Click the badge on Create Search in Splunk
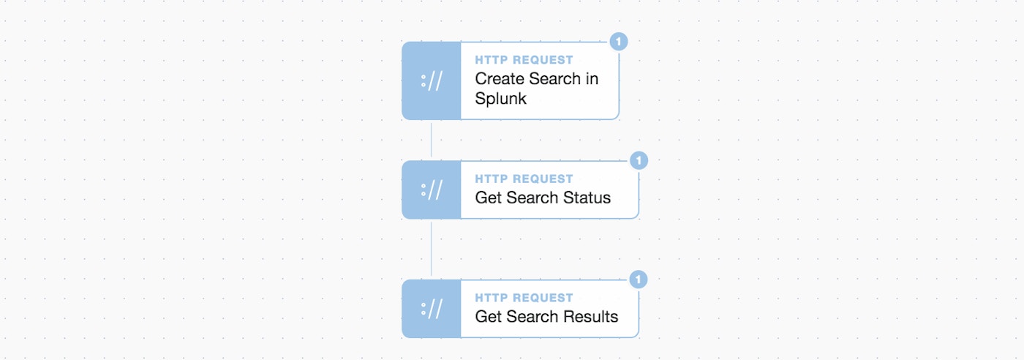pos(619,42)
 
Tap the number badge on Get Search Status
pos(639,160)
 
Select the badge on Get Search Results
pos(638,280)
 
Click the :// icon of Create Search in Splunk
pos(432,81)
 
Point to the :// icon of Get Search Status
pos(432,190)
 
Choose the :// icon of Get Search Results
pos(432,309)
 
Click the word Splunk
pos(500,99)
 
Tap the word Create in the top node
pos(499,79)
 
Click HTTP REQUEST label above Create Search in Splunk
pos(524,60)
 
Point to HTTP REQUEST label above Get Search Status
pos(524,179)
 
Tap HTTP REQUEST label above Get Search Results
pos(524,298)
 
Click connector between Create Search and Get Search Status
pos(431,140)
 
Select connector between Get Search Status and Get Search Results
pos(431,250)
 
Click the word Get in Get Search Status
pos(489,198)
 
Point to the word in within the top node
pos(592,79)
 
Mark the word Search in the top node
pos(554,79)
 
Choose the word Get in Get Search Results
pos(489,317)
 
